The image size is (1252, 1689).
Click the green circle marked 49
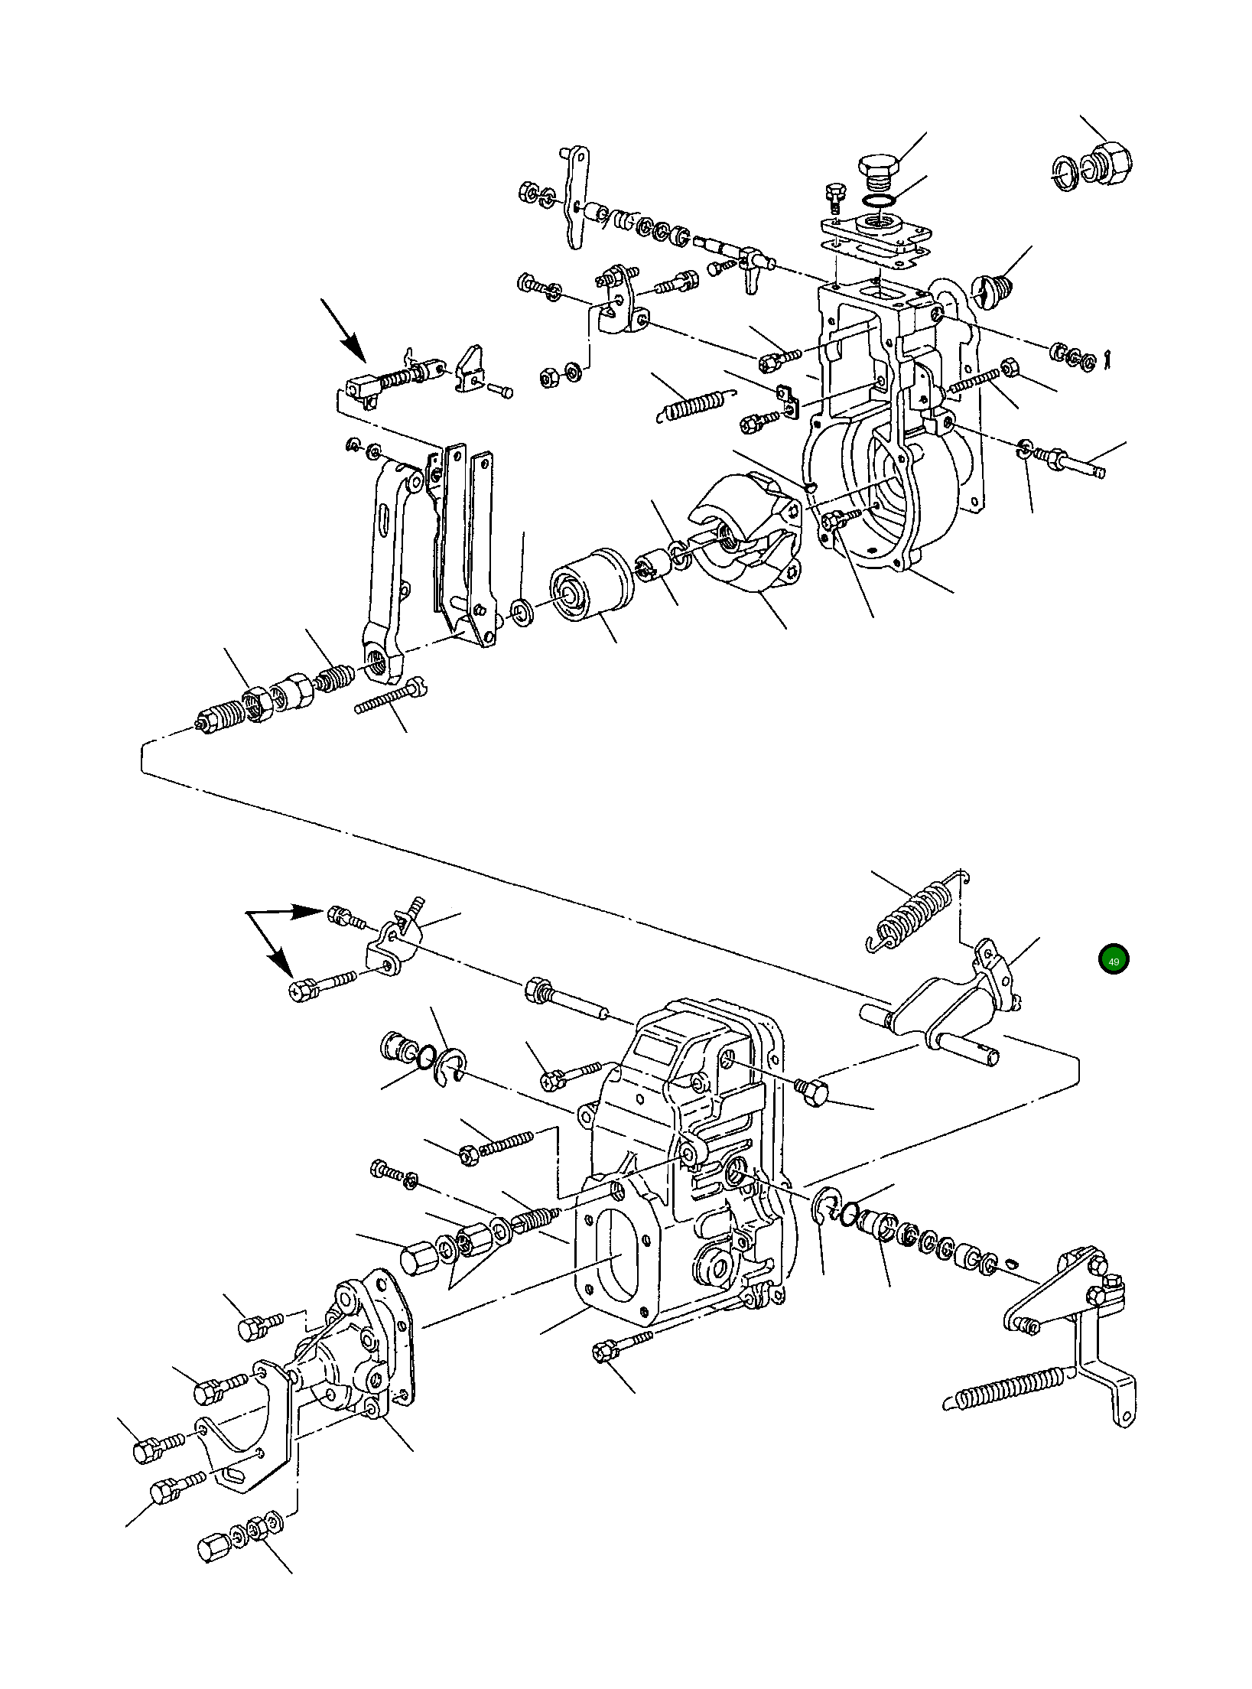tap(1113, 961)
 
